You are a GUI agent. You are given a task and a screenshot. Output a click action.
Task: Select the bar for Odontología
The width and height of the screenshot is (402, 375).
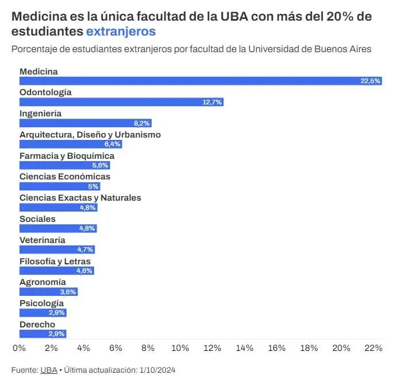tap(121, 102)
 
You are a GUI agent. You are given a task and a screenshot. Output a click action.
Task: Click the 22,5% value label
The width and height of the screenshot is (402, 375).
tap(370, 81)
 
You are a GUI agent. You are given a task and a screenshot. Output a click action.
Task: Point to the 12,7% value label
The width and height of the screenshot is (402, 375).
tap(212, 102)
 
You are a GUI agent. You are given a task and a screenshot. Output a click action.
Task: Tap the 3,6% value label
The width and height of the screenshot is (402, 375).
tap(68, 292)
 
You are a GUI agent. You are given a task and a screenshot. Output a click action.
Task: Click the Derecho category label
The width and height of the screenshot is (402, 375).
tap(37, 325)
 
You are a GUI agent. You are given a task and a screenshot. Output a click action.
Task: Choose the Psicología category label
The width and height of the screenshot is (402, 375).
tap(41, 303)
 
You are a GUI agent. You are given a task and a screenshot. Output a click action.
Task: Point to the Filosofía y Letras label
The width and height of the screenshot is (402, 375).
tap(55, 261)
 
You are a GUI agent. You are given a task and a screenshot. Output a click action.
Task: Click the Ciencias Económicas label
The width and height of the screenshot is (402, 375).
tap(65, 177)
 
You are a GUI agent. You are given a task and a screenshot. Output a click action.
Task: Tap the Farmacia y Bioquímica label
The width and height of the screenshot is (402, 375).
tap(67, 156)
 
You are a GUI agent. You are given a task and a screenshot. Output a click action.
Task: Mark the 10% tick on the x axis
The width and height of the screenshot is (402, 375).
tap(180, 347)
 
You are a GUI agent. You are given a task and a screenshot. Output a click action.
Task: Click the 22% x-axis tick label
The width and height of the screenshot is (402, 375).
tap(373, 347)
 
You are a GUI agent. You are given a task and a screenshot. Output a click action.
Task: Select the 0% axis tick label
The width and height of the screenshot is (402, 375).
tap(19, 347)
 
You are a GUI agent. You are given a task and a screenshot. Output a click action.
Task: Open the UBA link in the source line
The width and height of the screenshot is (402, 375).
tap(48, 370)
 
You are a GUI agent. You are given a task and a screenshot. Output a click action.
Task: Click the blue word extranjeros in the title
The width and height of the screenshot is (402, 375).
tap(121, 32)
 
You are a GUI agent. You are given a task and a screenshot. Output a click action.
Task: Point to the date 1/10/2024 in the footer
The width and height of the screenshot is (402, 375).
tap(156, 370)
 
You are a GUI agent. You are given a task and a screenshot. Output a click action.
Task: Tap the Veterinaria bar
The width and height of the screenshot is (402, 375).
tap(56, 249)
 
